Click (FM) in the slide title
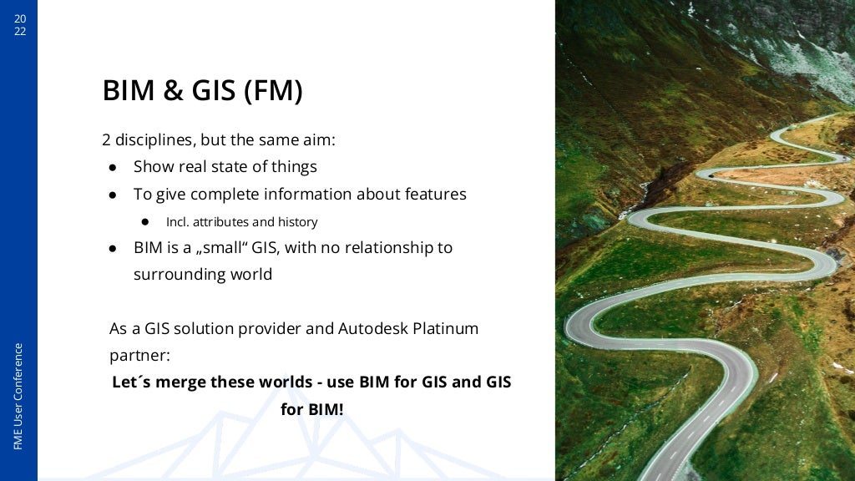[273, 90]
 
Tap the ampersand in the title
[174, 90]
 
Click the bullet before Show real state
[112, 167]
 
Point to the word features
[436, 194]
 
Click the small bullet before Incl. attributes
[144, 222]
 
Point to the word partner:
[139, 355]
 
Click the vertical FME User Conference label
[18, 396]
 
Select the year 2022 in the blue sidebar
[19, 25]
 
